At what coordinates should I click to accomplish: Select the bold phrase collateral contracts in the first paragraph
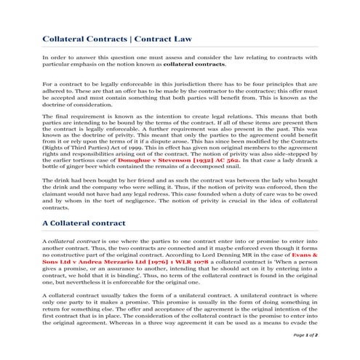tap(190, 64)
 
